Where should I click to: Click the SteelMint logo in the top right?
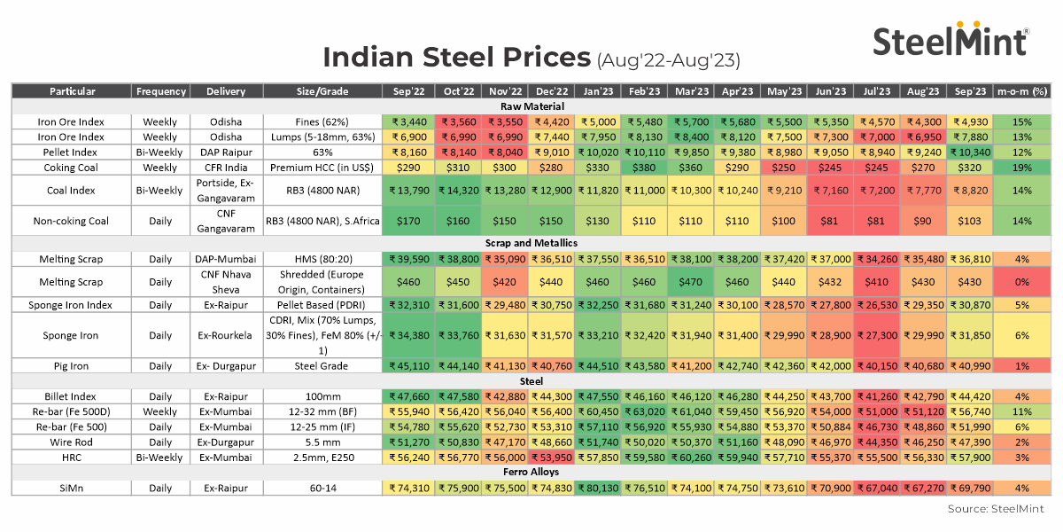[x=950, y=40]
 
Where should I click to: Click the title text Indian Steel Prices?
[x=455, y=58]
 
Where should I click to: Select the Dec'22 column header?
[x=552, y=90]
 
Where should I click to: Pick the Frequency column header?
[x=160, y=90]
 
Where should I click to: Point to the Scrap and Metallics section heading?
[x=531, y=243]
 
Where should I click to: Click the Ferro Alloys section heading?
[x=531, y=472]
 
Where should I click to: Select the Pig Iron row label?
[x=71, y=365]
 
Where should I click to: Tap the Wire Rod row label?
[x=71, y=442]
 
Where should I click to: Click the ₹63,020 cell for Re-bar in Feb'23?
[x=645, y=411]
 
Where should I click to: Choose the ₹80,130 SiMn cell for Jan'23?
[x=598, y=487]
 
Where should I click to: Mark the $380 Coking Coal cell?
[x=645, y=167]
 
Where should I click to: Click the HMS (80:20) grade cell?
[x=322, y=258]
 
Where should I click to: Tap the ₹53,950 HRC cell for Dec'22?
[x=552, y=457]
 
